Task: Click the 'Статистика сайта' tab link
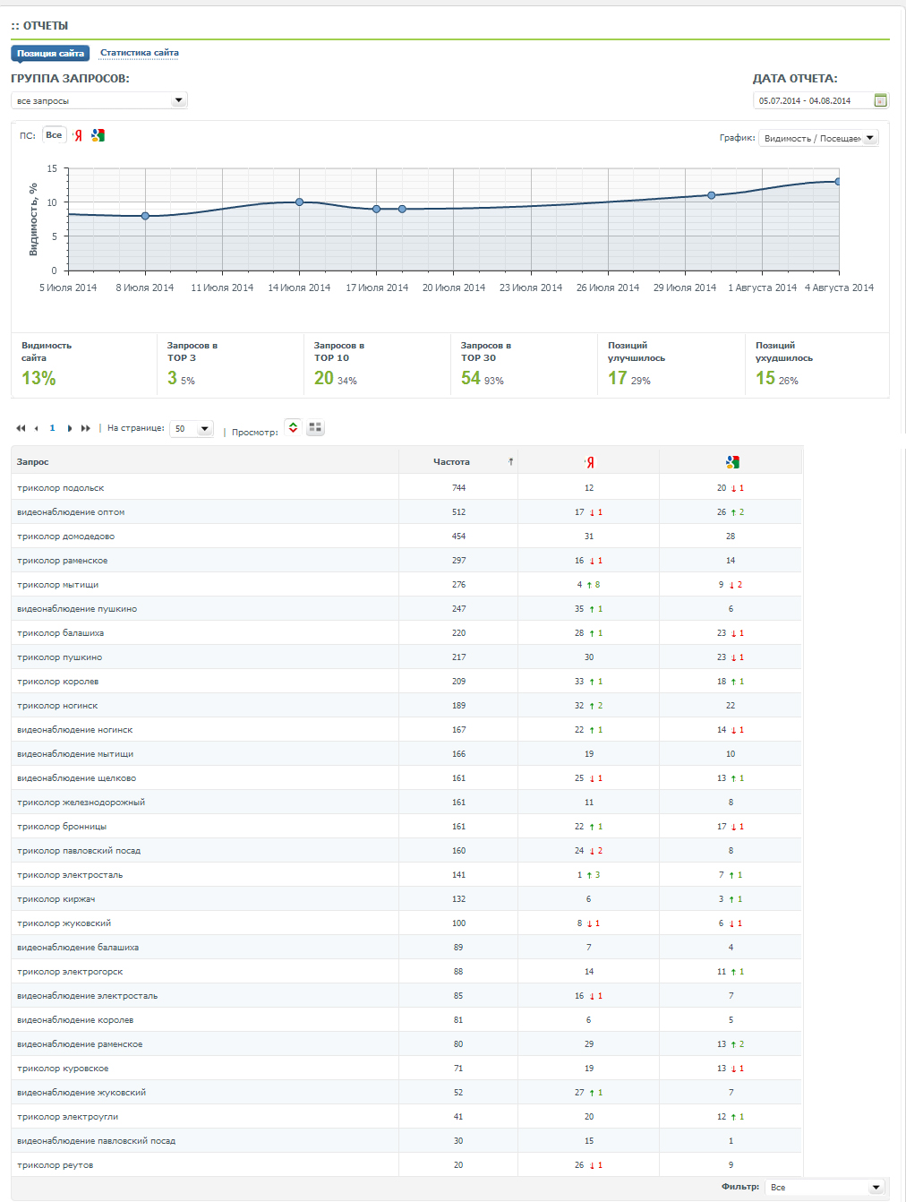139,53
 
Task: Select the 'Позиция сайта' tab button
50,53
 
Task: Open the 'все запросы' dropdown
99,100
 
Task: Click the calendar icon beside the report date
880,100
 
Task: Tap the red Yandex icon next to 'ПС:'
78,135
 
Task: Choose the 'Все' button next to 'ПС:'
54,135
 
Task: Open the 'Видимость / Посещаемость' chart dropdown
818,138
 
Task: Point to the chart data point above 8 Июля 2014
145,216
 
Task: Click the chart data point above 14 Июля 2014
299,202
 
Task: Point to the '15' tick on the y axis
52,168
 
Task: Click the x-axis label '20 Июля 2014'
454,288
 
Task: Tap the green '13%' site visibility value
38,378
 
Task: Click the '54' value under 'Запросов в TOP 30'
471,378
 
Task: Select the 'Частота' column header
451,461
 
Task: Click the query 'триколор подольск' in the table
60,488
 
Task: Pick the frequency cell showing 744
458,488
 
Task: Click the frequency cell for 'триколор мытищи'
458,584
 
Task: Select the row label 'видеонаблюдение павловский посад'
97,1141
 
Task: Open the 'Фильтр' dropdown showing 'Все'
824,1187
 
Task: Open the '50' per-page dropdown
192,428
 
